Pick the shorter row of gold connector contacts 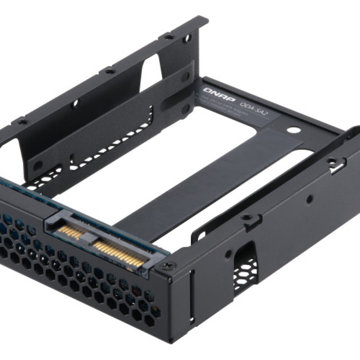point(72,230)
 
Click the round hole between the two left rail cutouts point(75,103)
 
